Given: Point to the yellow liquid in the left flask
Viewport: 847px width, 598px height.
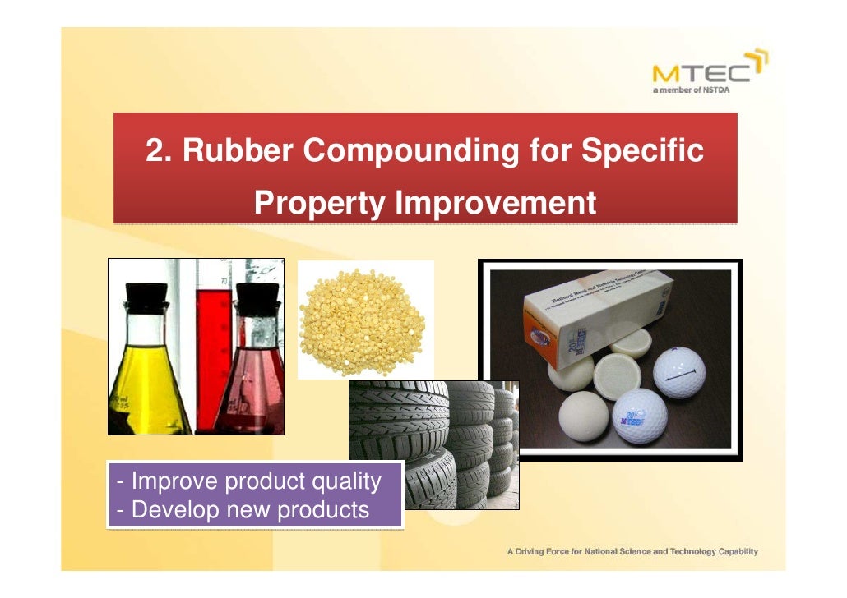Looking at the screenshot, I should [148, 386].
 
